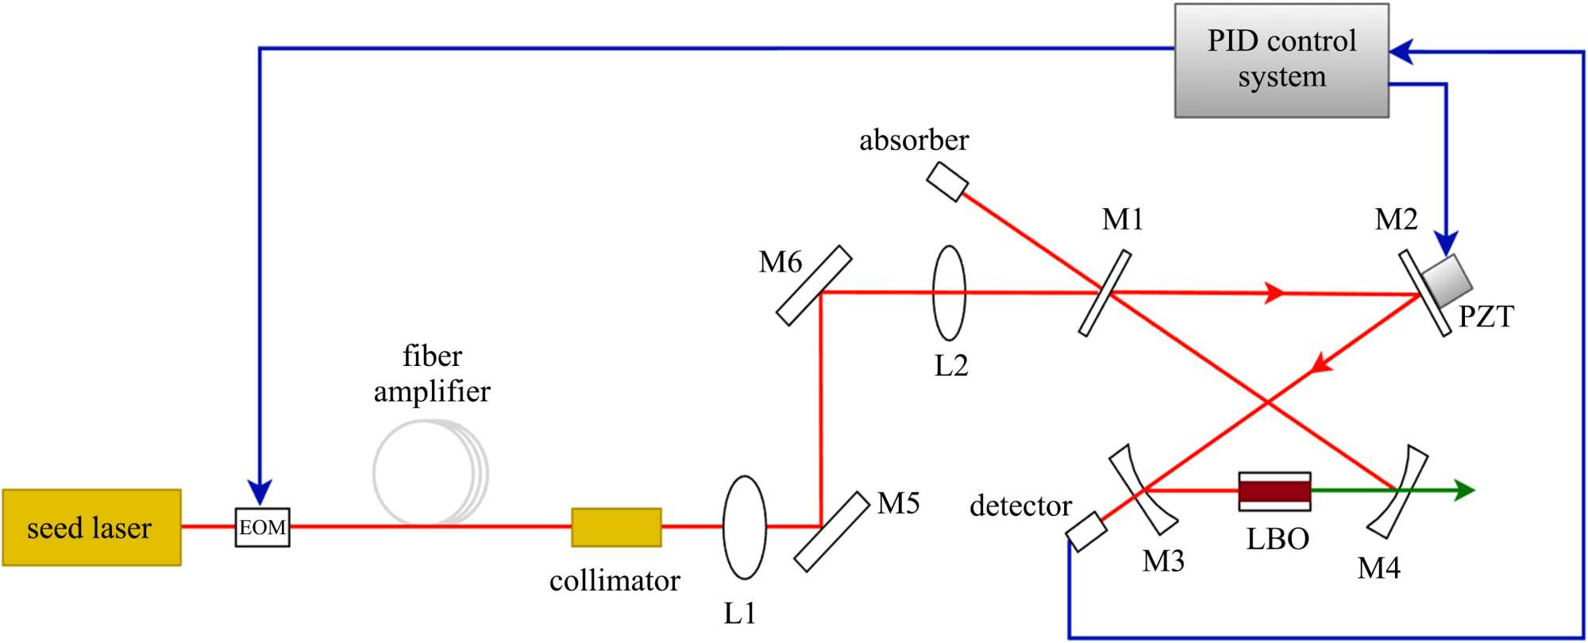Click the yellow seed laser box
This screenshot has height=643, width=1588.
click(91, 527)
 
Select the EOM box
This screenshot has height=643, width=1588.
click(262, 527)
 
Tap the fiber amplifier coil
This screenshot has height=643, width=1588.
click(430, 473)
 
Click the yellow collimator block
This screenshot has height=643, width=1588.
click(616, 527)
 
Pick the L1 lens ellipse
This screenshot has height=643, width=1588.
click(744, 527)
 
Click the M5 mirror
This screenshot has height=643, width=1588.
click(832, 531)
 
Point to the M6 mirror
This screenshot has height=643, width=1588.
click(814, 286)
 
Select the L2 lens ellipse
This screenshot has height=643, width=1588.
click(949, 293)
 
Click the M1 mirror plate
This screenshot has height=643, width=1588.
click(1104, 293)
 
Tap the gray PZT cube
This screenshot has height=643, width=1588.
click(1447, 279)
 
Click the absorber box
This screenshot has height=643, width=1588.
click(947, 182)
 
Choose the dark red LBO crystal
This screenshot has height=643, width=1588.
click(1274, 491)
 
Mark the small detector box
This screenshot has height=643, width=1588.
click(1086, 531)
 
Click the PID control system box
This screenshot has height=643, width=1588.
click(1282, 60)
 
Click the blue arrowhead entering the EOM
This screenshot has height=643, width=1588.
click(260, 492)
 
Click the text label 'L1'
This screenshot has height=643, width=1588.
click(739, 613)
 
